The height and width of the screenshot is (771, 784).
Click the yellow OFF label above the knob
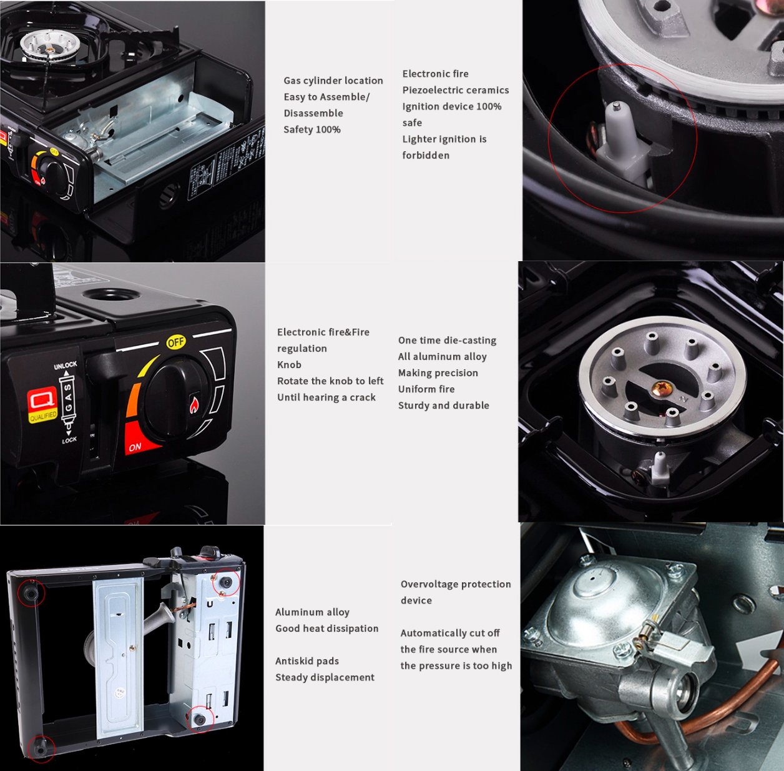tap(176, 342)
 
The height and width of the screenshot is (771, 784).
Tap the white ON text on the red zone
tap(135, 447)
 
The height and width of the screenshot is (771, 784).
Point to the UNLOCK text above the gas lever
tap(65, 366)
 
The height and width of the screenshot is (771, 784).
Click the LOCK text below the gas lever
tap(69, 440)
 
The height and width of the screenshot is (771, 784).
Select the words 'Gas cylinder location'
tap(333, 81)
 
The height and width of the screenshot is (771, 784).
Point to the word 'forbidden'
tap(426, 155)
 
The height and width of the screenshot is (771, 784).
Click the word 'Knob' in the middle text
tap(289, 365)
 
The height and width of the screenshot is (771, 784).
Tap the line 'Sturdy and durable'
tap(443, 405)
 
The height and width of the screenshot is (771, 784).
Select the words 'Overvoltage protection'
tap(456, 584)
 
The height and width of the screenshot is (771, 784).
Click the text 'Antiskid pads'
tap(307, 661)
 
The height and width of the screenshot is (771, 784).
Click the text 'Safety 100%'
tap(311, 129)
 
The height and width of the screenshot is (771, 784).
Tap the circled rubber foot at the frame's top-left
tap(31, 591)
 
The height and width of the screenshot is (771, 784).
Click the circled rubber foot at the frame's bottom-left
tap(41, 747)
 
